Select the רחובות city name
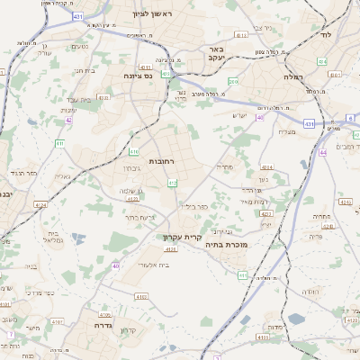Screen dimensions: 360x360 click(161, 160)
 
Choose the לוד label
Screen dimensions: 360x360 click(327, 34)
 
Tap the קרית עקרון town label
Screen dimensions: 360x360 click(180, 238)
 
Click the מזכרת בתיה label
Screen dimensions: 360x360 click(225, 244)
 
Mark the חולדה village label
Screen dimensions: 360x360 click(310, 292)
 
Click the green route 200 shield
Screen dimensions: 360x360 click(233, 82)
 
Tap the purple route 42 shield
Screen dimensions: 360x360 click(68, 119)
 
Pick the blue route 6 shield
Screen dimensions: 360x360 click(351, 118)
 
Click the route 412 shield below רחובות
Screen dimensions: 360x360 click(172, 183)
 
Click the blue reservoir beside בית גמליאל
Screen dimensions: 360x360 click(78, 239)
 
